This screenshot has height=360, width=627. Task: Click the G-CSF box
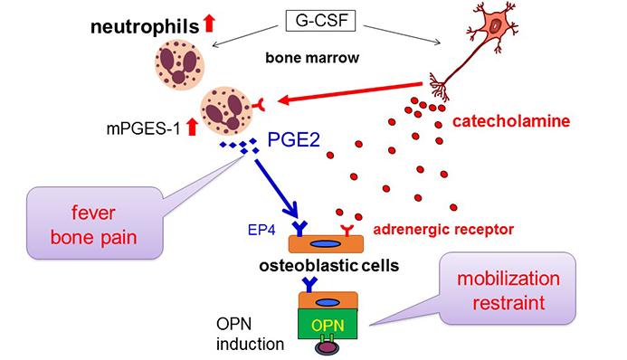click(x=320, y=21)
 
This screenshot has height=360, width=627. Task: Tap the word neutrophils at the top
click(x=145, y=27)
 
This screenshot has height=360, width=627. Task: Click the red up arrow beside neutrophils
click(x=209, y=23)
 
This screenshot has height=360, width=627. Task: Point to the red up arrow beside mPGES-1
click(x=193, y=127)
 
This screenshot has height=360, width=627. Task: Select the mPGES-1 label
click(x=144, y=128)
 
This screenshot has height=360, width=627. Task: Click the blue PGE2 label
click(x=293, y=140)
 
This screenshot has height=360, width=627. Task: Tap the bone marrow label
click(x=312, y=58)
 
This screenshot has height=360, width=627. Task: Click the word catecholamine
click(x=511, y=121)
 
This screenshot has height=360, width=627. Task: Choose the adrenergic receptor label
click(x=443, y=230)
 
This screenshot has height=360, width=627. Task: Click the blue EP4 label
click(x=261, y=230)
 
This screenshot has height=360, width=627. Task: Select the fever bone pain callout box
click(x=95, y=223)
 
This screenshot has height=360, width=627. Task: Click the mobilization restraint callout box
click(x=508, y=289)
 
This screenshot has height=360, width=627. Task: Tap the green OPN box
click(x=328, y=324)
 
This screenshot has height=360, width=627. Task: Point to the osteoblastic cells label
click(x=329, y=266)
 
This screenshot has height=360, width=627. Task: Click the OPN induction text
click(x=251, y=334)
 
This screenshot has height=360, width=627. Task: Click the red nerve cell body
click(x=495, y=26)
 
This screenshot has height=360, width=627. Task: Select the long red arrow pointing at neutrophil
click(x=350, y=92)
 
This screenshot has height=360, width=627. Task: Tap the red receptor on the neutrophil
click(x=259, y=105)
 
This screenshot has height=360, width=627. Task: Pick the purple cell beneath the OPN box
click(x=328, y=346)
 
